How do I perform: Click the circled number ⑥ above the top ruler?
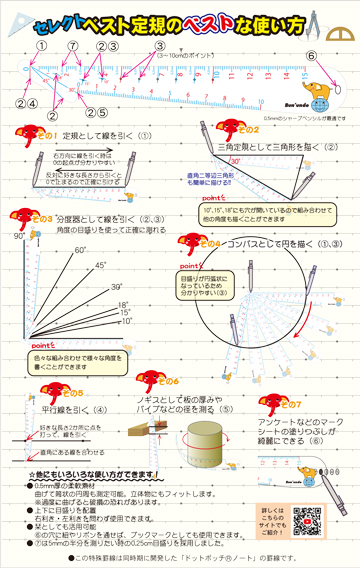[311, 57]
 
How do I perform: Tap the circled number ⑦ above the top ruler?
[73, 46]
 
